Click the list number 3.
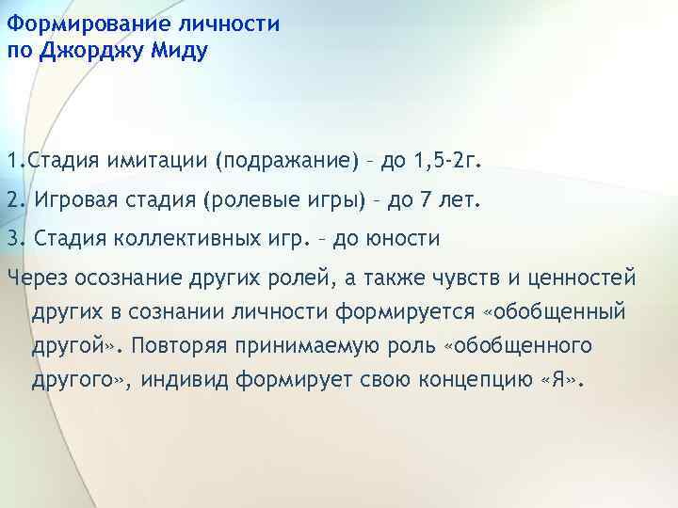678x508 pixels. click(13, 239)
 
